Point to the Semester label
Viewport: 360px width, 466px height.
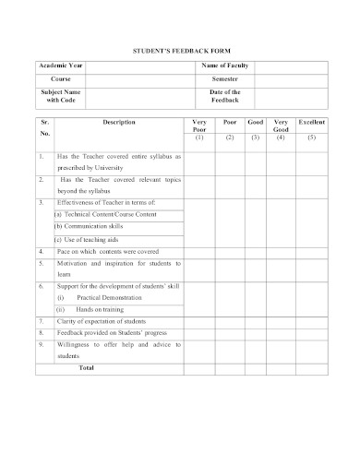click(x=225, y=80)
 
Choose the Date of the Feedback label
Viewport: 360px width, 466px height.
click(x=225, y=97)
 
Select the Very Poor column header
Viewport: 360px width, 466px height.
click(x=199, y=126)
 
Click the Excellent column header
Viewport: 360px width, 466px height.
click(x=312, y=123)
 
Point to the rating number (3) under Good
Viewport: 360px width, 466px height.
click(x=256, y=137)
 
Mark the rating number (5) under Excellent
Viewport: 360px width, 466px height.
click(x=312, y=137)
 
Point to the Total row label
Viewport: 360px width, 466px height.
click(x=87, y=368)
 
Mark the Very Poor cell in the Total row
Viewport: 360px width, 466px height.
click(x=199, y=368)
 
